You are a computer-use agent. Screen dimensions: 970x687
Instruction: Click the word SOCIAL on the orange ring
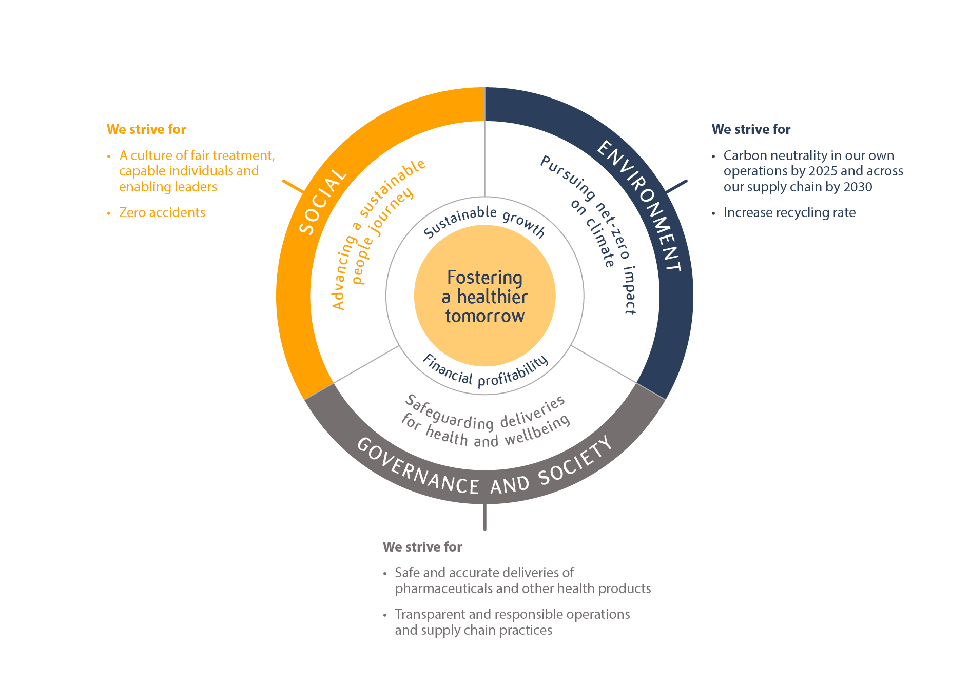point(322,202)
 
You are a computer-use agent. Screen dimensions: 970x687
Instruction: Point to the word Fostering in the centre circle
point(484,278)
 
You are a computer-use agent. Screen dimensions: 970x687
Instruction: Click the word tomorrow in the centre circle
point(484,316)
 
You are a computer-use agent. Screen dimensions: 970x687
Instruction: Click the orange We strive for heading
point(146,129)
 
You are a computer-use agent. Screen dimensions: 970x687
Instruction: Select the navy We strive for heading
point(751,129)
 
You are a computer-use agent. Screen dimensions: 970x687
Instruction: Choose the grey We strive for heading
point(422,547)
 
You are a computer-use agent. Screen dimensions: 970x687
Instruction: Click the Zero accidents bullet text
point(162,212)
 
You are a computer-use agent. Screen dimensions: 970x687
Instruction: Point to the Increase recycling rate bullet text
point(789,212)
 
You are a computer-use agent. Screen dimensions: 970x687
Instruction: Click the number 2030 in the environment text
point(858,187)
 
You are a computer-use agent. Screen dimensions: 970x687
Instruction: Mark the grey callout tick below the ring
point(484,517)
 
